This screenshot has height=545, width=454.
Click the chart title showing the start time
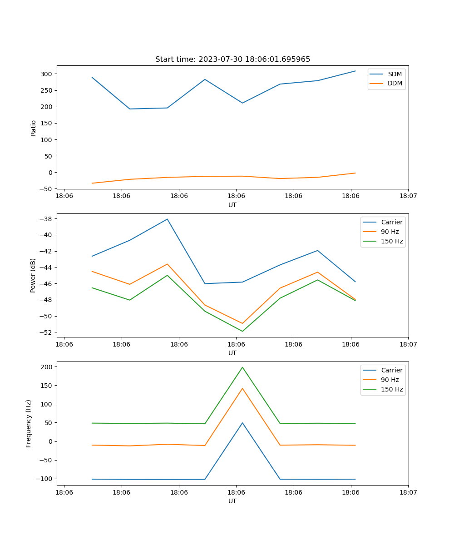[232, 59]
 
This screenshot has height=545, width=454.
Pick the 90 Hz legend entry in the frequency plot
[390, 380]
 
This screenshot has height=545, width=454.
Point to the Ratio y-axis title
[33, 127]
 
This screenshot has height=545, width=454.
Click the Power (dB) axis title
[33, 275]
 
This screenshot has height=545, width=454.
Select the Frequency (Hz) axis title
[29, 423]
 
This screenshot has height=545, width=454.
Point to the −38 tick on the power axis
[45, 219]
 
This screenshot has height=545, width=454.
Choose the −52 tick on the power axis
[45, 332]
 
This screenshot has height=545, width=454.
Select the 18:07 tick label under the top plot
[408, 196]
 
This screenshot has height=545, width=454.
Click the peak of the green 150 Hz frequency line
[242, 367]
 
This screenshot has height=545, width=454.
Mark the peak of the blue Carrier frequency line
[242, 423]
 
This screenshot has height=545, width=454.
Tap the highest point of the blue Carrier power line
[167, 219]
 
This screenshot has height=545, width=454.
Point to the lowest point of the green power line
[242, 331]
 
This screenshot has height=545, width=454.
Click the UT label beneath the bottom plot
[232, 501]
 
